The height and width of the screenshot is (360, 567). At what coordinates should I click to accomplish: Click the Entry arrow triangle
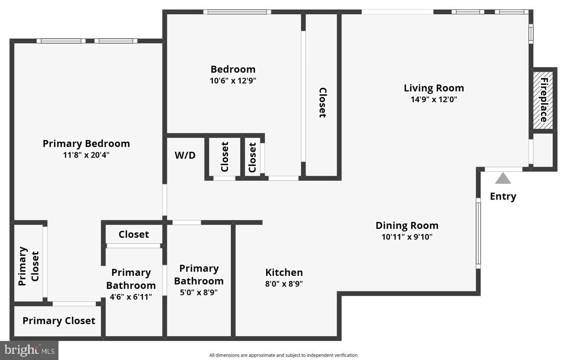[x=503, y=178]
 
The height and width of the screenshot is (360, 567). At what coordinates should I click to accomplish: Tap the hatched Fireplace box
[x=543, y=100]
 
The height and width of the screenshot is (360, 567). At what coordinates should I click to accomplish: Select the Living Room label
[x=434, y=88]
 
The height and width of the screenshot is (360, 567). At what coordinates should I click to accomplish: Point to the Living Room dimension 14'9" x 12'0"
[x=434, y=100]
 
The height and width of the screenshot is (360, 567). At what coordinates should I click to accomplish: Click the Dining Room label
[x=407, y=225]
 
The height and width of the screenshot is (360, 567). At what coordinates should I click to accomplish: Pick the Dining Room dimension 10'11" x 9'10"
[x=407, y=237]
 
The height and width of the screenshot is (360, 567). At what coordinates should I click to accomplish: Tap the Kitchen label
[x=284, y=272]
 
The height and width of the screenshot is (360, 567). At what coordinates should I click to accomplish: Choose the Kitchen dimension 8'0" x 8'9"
[x=284, y=284]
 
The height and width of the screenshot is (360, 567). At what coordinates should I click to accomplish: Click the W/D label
[x=185, y=155]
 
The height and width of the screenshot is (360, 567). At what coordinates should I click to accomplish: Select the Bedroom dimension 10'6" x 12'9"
[x=233, y=81]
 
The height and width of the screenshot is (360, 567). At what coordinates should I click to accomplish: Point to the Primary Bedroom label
[x=86, y=143]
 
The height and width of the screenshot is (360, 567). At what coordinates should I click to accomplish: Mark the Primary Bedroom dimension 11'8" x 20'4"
[x=86, y=155]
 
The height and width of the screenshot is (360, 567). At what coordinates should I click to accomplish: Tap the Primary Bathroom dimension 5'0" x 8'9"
[x=198, y=293]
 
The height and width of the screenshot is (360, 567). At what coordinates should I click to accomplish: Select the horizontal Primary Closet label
[x=59, y=321]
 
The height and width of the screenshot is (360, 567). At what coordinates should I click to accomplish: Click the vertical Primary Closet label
[x=29, y=266]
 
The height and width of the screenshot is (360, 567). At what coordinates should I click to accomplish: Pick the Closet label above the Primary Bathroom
[x=134, y=234]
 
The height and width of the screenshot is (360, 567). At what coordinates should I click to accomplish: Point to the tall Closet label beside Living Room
[x=322, y=102]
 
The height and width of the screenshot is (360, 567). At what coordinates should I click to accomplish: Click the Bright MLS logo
[x=29, y=350]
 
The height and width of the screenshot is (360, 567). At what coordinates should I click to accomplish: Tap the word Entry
[x=503, y=196]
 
